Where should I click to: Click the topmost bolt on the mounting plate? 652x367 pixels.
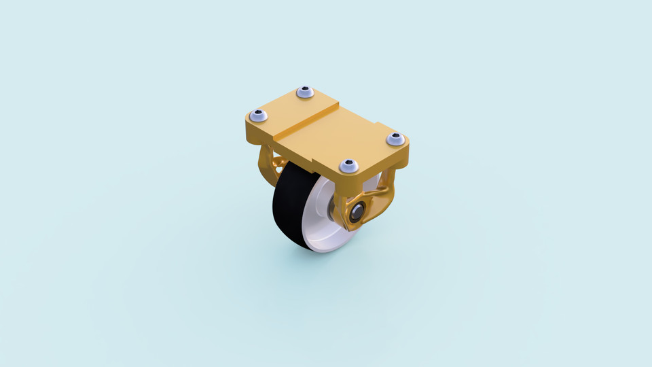click(305, 92)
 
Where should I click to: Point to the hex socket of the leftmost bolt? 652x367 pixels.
click(258, 115)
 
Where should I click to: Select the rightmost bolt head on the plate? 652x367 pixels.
click(395, 139)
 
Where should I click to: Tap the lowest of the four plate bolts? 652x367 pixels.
click(348, 165)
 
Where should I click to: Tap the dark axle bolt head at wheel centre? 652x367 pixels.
click(356, 211)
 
